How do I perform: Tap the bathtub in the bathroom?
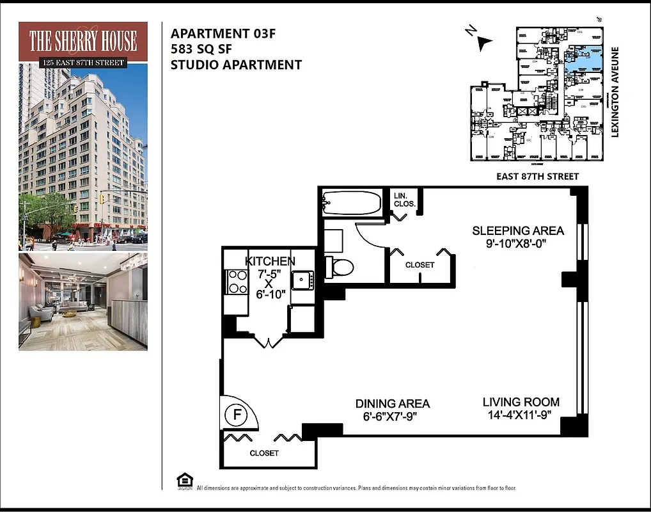coord(352,203)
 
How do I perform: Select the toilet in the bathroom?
coord(339,267)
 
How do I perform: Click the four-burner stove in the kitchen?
coord(237,282)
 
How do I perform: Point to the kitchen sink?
coord(302,280)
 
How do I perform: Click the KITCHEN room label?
coord(270,261)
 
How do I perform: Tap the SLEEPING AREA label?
coord(518,230)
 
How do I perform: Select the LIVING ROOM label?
coord(521,403)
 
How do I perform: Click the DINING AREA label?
coord(393,404)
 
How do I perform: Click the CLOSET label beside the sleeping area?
coord(420,265)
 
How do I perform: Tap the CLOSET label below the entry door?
coord(264,453)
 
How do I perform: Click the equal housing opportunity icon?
coord(184,481)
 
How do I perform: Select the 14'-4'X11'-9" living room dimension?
coord(521,416)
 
